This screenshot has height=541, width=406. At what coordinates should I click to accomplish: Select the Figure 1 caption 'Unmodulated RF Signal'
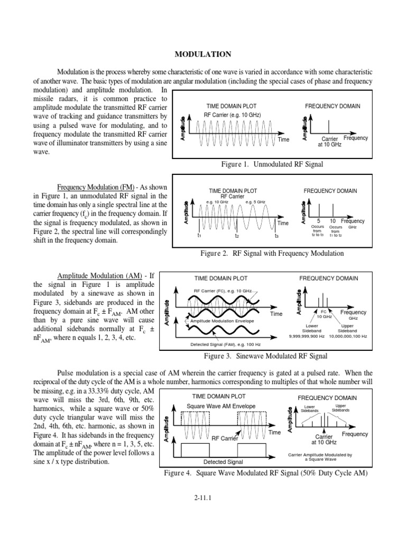tap(272, 164)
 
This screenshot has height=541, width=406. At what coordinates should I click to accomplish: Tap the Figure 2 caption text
tap(272, 253)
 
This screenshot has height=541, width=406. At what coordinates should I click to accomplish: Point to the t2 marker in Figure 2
tap(237, 235)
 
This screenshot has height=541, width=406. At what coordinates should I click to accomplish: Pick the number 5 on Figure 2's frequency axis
tap(319, 221)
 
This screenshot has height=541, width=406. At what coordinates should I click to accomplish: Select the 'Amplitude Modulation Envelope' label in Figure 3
tap(222, 321)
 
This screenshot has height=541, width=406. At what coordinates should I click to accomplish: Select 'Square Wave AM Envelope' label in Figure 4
tap(222, 406)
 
